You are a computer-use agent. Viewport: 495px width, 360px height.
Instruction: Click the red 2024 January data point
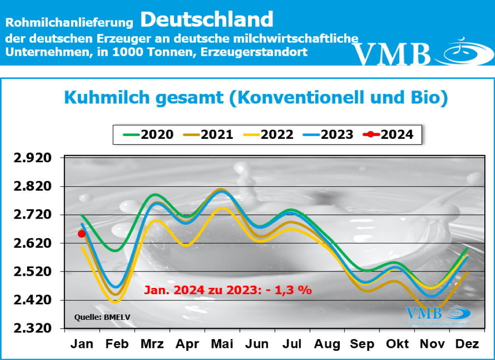pyautogui.click(x=82, y=234)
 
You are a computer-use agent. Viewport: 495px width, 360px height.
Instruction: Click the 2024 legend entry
pyautogui.click(x=390, y=134)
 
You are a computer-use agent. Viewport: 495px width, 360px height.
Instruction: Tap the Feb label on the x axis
pyautogui.click(x=116, y=344)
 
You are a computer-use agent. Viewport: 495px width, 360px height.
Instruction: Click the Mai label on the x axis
pyautogui.click(x=222, y=344)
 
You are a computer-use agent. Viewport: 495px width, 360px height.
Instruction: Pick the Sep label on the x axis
pyautogui.click(x=362, y=344)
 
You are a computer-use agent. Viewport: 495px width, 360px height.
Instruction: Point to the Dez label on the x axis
pyautogui.click(x=467, y=344)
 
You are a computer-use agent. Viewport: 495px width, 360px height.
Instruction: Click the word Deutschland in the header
pyautogui.click(x=207, y=20)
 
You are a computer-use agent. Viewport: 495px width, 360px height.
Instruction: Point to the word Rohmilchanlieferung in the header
pyautogui.click(x=69, y=22)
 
